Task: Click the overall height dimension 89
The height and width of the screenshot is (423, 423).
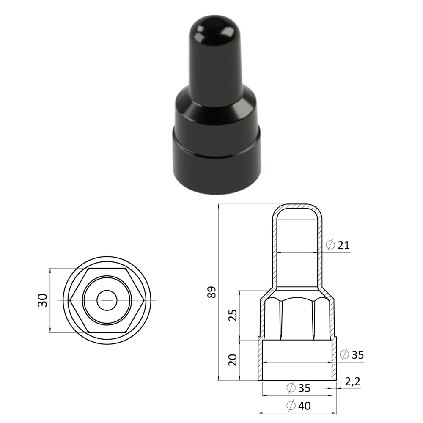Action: click(x=212, y=292)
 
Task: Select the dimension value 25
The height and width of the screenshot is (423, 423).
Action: click(x=233, y=315)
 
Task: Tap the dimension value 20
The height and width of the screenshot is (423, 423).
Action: click(x=233, y=360)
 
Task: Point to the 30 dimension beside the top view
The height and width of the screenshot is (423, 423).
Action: click(x=43, y=300)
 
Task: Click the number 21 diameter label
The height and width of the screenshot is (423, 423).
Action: click(x=343, y=245)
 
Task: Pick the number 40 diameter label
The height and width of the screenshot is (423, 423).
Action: click(x=305, y=406)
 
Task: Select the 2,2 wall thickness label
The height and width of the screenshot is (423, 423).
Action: click(x=353, y=382)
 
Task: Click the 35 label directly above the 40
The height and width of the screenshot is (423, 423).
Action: click(x=305, y=388)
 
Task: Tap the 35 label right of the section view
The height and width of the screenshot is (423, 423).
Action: click(x=358, y=355)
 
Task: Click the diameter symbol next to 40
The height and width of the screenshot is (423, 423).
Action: click(x=291, y=406)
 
